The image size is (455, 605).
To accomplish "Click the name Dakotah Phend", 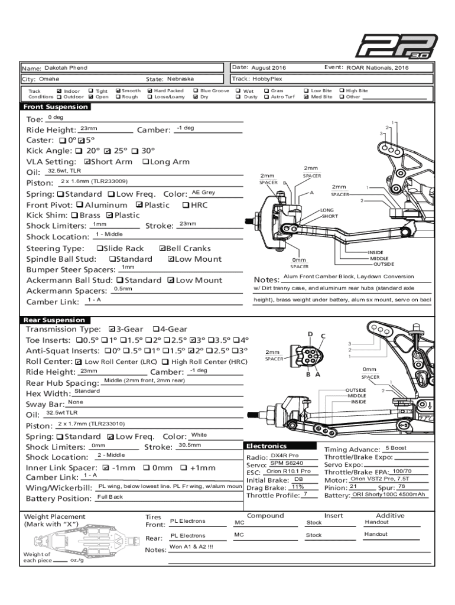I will (x=66, y=69).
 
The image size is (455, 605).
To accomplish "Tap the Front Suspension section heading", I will (x=56, y=107).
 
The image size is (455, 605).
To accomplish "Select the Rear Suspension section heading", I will (x=54, y=320).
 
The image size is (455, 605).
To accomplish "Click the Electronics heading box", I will (x=266, y=445).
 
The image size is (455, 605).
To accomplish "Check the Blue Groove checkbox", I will (x=196, y=91).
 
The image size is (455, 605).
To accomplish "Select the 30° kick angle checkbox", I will (x=135, y=151).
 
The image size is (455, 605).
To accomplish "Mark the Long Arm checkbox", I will (x=145, y=162).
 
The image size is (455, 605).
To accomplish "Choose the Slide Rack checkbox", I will (x=99, y=249).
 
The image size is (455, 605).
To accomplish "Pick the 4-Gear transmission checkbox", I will (x=155, y=329).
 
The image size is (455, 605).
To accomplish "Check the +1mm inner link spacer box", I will (x=183, y=468).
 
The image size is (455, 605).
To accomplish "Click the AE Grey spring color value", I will (x=203, y=193).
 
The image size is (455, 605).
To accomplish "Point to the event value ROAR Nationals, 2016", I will (x=377, y=68).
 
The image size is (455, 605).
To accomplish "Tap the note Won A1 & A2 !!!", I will (x=191, y=547).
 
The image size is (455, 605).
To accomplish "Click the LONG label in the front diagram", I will (x=327, y=210).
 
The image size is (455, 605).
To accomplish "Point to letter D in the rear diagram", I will (x=310, y=334).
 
